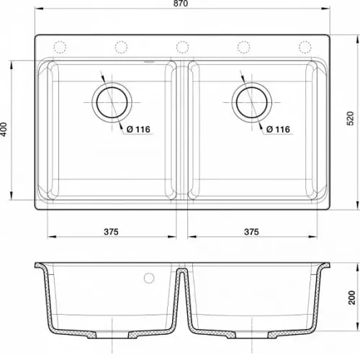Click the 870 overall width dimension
pyautogui.click(x=181, y=4)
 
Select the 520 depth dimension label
pyautogui.click(x=351, y=118)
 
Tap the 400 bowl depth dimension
pyautogui.click(x=4, y=130)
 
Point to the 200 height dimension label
pyautogui.click(x=351, y=297)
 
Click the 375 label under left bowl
pyautogui.click(x=111, y=232)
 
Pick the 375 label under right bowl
pyautogui.click(x=251, y=232)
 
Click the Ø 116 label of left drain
pyautogui.click(x=138, y=130)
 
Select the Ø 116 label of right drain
pyautogui.click(x=279, y=130)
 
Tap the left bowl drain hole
pyautogui.click(x=112, y=102)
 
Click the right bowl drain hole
pyautogui.click(x=251, y=102)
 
